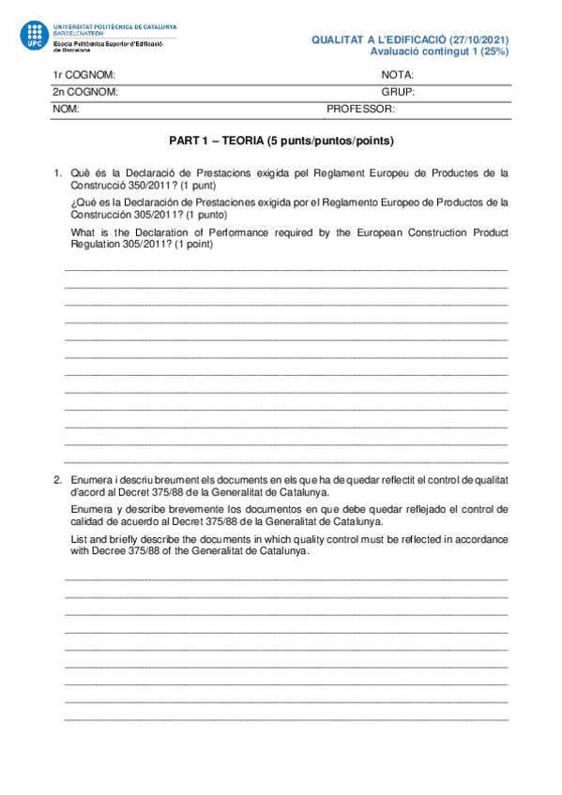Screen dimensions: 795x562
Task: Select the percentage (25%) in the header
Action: point(492,52)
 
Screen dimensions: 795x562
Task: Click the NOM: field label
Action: point(65,109)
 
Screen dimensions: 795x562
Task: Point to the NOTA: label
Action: point(398,75)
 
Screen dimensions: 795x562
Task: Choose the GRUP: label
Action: point(398,92)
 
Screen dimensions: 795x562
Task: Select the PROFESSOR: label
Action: point(360,109)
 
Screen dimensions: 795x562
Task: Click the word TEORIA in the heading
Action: point(238,142)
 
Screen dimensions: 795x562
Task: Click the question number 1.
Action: point(56,172)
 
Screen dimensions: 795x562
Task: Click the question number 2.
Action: point(56,479)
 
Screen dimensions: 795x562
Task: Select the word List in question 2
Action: point(80,539)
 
